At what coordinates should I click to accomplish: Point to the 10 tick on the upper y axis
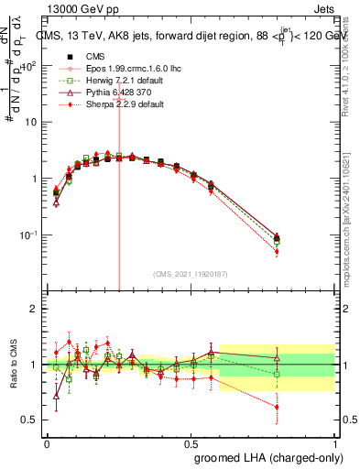pyautogui.click(x=32, y=122)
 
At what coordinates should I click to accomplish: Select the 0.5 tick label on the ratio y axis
pyautogui.click(x=31, y=420)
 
